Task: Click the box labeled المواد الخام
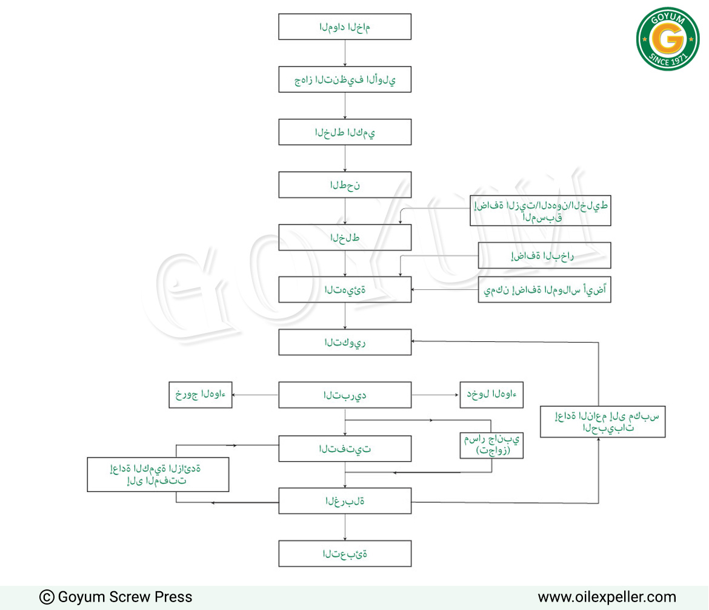[x=345, y=27]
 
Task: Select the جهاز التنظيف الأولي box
[x=345, y=79]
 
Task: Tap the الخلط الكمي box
[x=345, y=132]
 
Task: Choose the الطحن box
[x=345, y=185]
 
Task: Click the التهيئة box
[x=345, y=289]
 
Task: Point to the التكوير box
[x=345, y=343]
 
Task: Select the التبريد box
[x=345, y=395]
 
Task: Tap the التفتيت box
[x=345, y=448]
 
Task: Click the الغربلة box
[x=345, y=500]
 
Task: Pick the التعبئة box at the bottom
[x=345, y=554]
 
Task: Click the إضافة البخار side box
[x=544, y=255]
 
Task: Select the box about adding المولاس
[x=544, y=289]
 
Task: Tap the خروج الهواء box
[x=201, y=395]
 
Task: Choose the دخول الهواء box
[x=491, y=395]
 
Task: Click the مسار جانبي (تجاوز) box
[x=491, y=445]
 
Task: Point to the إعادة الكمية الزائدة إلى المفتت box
[x=158, y=474]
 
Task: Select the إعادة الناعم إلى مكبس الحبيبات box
[x=603, y=422]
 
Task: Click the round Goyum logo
[x=668, y=39]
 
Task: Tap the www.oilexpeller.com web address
[x=607, y=597]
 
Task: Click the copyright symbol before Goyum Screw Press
[x=47, y=597]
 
